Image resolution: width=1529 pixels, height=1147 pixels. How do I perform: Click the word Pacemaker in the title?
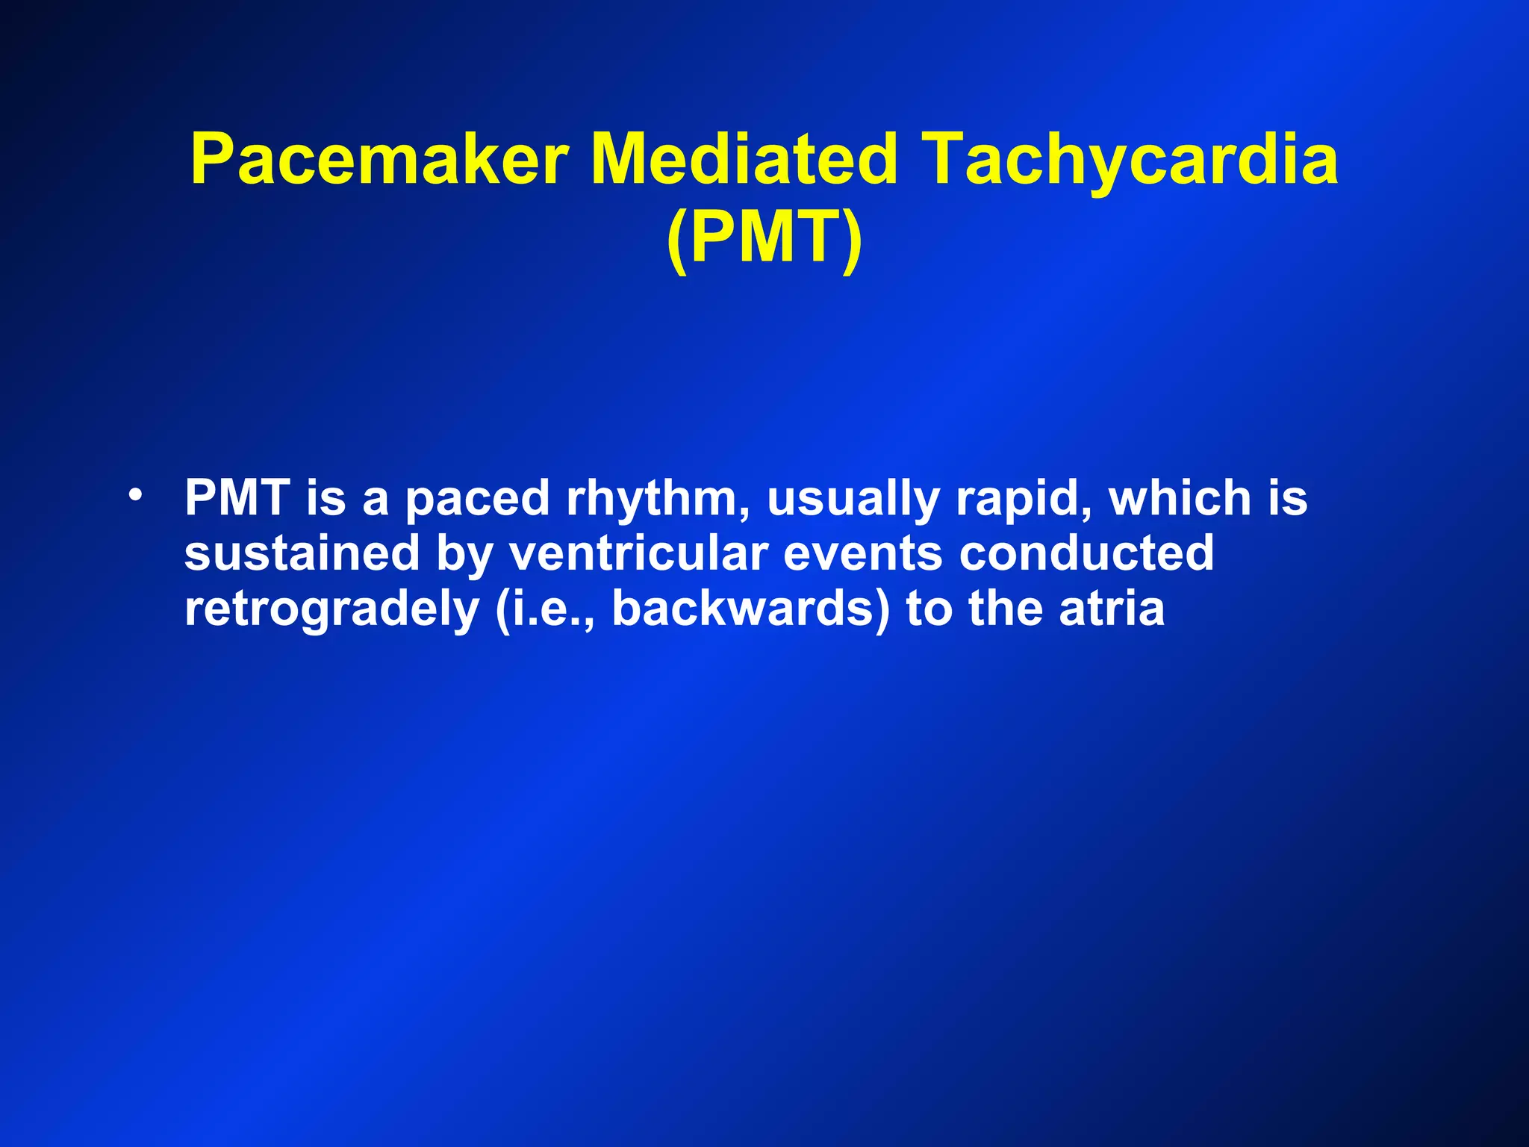[380, 160]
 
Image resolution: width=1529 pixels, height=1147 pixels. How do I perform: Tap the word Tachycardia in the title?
[1130, 160]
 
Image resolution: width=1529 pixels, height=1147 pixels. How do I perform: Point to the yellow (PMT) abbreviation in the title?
[764, 237]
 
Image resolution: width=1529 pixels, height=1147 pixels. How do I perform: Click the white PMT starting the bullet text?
[237, 498]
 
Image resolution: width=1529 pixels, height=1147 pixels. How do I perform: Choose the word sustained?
[302, 553]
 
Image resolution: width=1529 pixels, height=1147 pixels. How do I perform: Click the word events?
[863, 553]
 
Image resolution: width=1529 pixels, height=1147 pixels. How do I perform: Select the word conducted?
[1086, 553]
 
